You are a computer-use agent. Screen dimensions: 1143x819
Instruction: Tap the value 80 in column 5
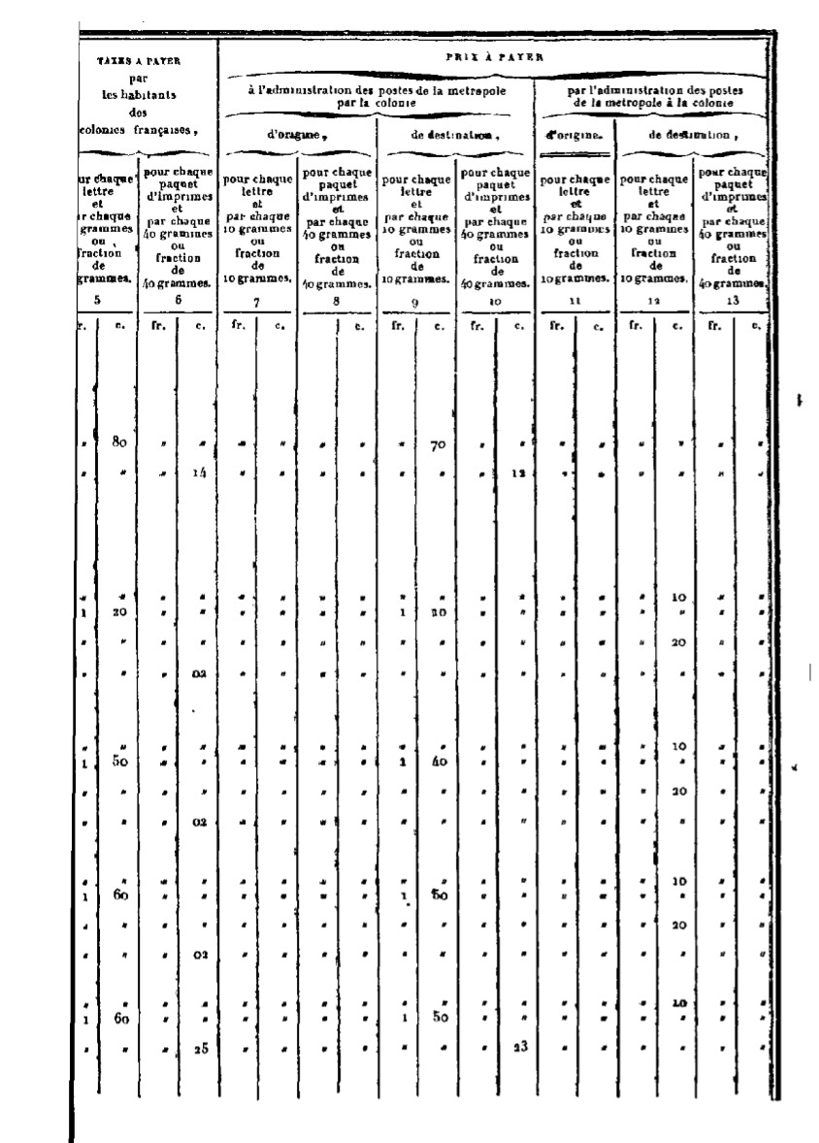(x=120, y=443)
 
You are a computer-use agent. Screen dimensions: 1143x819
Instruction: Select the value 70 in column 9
(x=437, y=446)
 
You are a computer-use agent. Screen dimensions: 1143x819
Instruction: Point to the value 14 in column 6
(x=199, y=474)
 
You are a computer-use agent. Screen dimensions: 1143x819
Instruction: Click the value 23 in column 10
(x=518, y=1048)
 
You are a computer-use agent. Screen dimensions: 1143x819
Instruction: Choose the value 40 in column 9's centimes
(x=439, y=762)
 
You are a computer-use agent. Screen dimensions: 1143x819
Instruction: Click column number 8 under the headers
(x=337, y=302)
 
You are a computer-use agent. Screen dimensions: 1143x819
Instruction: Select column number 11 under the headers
(x=574, y=302)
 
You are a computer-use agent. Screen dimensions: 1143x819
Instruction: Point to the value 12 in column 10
(x=518, y=474)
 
